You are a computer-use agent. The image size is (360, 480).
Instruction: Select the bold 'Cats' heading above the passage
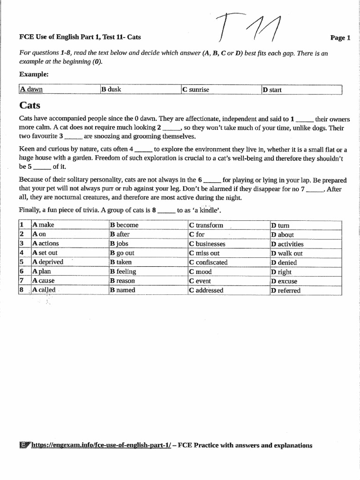pyautogui.click(x=30, y=105)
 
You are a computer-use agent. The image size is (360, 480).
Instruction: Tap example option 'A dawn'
pyautogui.click(x=31, y=90)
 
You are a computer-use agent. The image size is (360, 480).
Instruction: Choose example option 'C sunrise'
pyautogui.click(x=196, y=90)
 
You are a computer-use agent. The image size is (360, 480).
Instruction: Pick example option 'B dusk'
pyautogui.click(x=112, y=90)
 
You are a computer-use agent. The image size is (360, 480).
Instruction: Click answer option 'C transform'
pyautogui.click(x=206, y=225)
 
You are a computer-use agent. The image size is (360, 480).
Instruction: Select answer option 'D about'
pyautogui.click(x=283, y=234)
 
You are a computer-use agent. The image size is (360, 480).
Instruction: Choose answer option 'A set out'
pyautogui.click(x=45, y=253)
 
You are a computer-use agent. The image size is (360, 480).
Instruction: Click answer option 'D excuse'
pyautogui.click(x=284, y=281)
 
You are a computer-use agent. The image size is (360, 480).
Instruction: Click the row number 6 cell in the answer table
pyautogui.click(x=22, y=271)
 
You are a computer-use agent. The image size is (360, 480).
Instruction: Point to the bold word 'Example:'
pyautogui.click(x=34, y=74)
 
